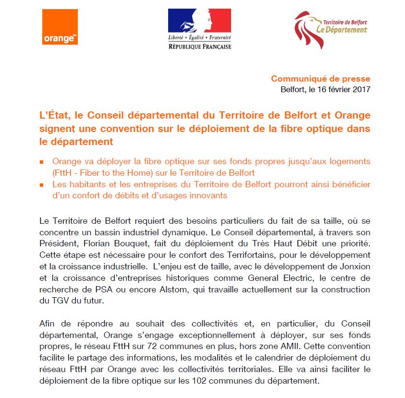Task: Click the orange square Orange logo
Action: tap(60, 27)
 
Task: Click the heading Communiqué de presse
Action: tap(320, 79)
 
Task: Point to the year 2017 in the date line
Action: tap(361, 89)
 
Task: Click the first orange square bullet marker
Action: tap(42, 162)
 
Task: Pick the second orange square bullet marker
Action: tap(42, 185)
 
